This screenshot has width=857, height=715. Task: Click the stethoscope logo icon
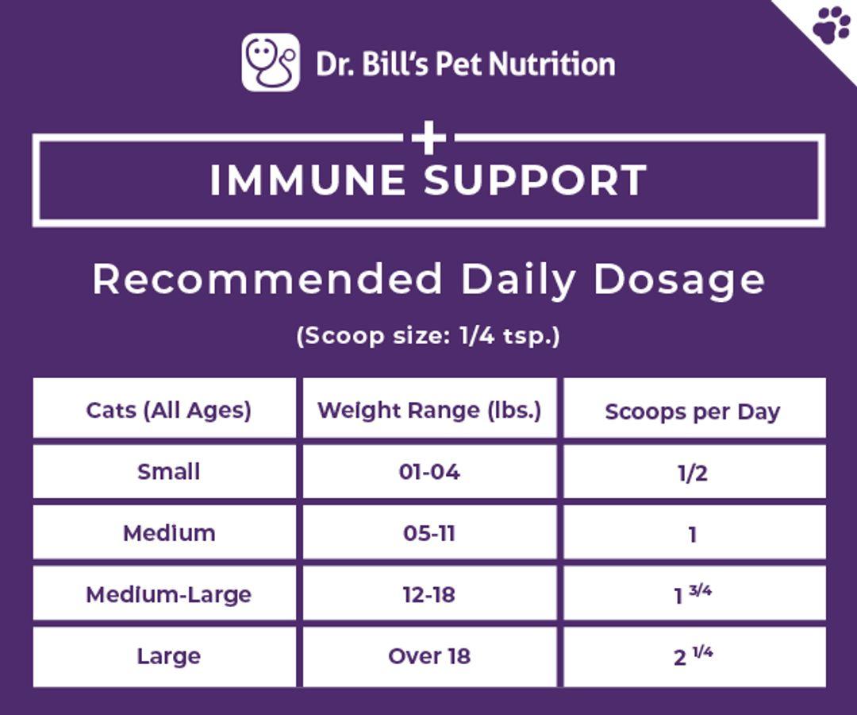(271, 63)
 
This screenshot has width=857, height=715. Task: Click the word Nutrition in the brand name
(552, 64)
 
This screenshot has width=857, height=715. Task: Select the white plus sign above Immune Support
(429, 138)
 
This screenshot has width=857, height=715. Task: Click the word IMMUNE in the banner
(308, 180)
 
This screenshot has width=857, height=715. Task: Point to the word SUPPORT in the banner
(536, 180)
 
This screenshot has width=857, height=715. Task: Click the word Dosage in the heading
(679, 280)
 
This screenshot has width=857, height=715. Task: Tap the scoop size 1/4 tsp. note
(428, 335)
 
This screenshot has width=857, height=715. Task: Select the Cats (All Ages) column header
(168, 410)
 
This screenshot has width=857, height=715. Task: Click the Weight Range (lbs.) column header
(429, 410)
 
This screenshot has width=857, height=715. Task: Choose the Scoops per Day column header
(693, 412)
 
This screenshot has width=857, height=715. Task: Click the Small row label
(168, 472)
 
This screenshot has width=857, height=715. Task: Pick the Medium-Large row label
(168, 595)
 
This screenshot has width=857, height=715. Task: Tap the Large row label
(168, 656)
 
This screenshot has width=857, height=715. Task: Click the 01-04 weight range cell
(429, 472)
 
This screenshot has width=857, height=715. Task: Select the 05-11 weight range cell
(429, 533)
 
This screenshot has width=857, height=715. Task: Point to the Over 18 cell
(429, 656)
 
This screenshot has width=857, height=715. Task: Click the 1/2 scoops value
(693, 473)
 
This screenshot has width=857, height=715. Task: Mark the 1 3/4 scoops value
(693, 594)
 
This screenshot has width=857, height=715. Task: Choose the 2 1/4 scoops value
(693, 655)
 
